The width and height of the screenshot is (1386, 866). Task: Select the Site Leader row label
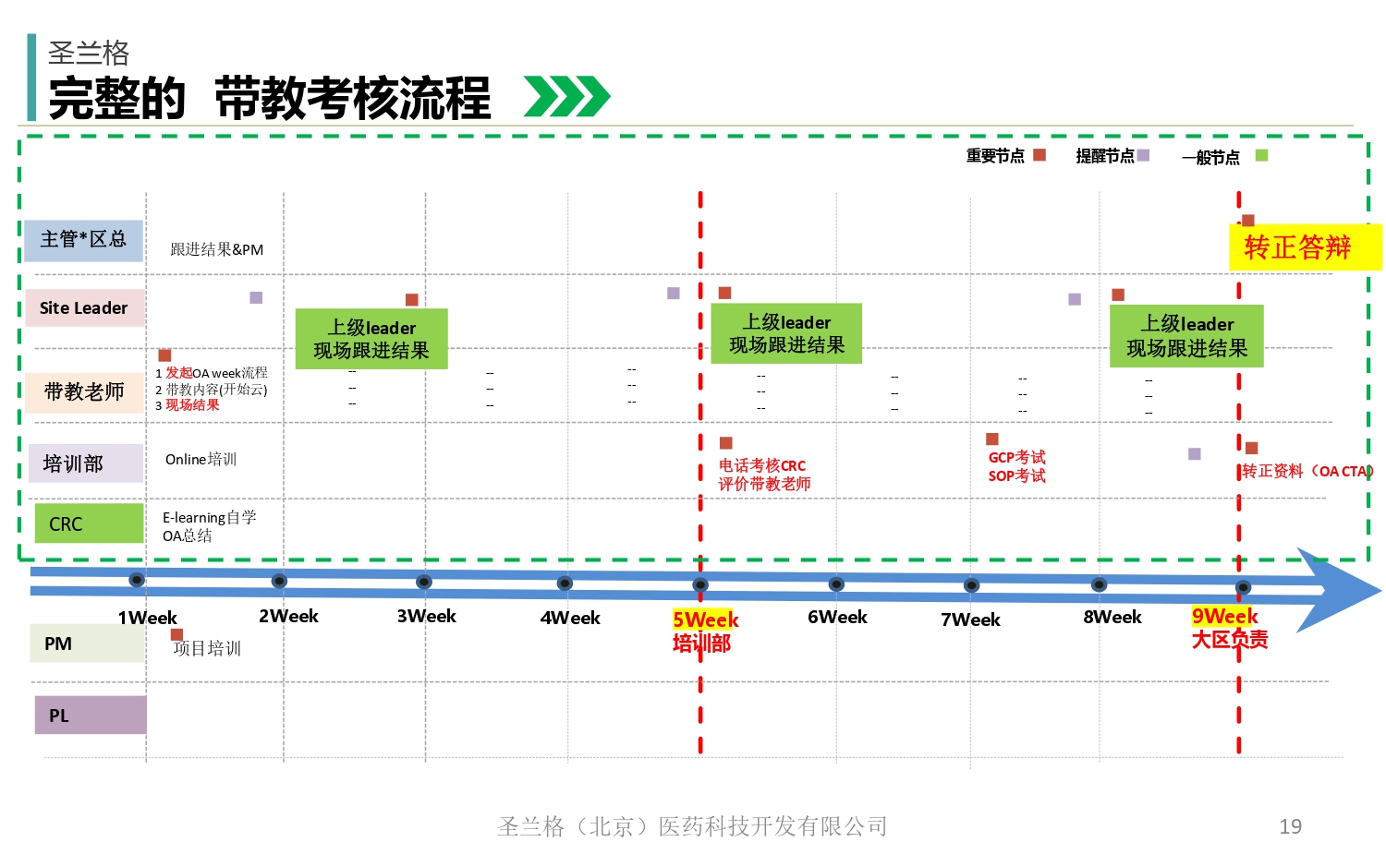[x=84, y=308]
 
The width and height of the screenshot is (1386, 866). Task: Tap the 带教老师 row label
[x=84, y=392]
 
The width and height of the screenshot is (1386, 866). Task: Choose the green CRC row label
[x=89, y=523]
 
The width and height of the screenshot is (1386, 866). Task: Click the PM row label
[x=89, y=643]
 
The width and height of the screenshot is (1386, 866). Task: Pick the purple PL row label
[x=90, y=716]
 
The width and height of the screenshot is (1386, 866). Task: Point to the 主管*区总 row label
[x=83, y=240]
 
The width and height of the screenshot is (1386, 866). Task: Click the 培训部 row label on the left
[x=83, y=463]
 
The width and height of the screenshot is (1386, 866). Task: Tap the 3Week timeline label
[x=426, y=617]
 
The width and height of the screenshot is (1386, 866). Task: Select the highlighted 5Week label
[x=705, y=619]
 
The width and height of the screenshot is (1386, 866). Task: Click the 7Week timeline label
[x=970, y=619]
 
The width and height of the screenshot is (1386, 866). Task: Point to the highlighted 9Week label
[x=1224, y=616]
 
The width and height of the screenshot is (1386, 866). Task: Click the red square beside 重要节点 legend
[x=1039, y=155]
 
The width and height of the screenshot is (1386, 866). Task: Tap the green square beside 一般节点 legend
[x=1261, y=155]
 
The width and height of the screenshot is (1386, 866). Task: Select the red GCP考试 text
[x=1016, y=458]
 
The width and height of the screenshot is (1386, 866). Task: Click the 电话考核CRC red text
[x=762, y=466]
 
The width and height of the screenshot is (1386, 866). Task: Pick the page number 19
[x=1290, y=826]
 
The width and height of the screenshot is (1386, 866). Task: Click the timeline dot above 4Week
[x=565, y=583]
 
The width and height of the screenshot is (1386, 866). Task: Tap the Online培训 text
[x=201, y=460]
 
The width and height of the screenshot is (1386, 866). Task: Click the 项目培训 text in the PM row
[x=207, y=648]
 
